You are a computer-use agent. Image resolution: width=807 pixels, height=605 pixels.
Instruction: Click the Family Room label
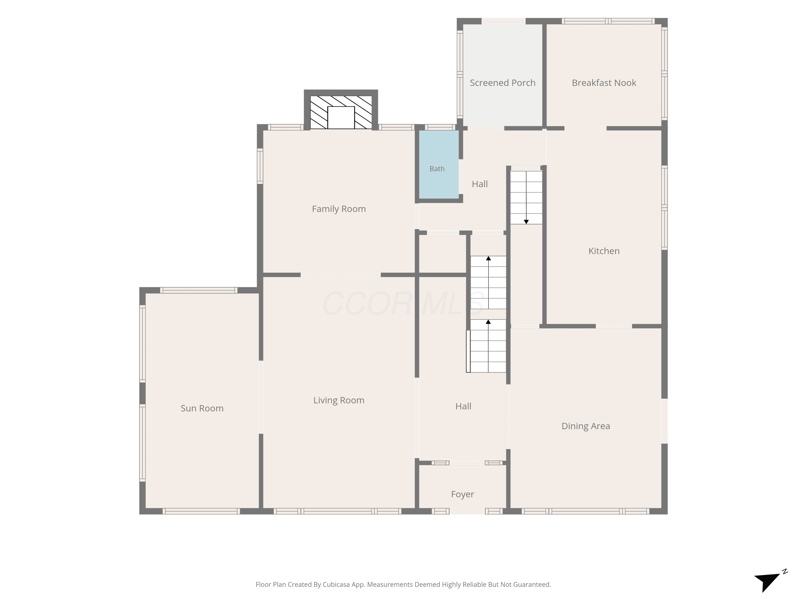(339, 209)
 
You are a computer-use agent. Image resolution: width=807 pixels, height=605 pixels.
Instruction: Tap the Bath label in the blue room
(437, 169)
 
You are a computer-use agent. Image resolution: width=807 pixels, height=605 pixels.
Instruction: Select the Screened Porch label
(502, 83)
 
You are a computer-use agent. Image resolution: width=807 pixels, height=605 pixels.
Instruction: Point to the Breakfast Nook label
(604, 83)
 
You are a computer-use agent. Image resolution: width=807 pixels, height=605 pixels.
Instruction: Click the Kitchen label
(604, 251)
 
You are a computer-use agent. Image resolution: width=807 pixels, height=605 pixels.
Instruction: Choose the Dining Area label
(586, 426)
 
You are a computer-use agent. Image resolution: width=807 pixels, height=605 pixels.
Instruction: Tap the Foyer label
(462, 494)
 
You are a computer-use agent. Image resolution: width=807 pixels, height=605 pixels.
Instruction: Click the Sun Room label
(202, 408)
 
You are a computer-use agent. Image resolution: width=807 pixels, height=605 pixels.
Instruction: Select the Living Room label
(339, 400)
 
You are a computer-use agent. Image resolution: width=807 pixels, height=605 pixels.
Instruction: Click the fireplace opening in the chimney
(341, 118)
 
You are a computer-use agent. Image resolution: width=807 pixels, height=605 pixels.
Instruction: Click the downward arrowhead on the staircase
(526, 222)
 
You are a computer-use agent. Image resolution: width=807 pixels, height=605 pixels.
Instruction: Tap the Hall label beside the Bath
(480, 184)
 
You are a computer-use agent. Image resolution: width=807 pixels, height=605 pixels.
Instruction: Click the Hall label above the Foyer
(463, 406)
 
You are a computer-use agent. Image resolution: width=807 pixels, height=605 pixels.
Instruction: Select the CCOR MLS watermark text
(403, 303)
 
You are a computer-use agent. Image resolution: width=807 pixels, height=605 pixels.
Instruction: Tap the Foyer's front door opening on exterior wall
(467, 511)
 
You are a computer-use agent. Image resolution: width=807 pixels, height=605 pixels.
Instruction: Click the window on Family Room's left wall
(260, 166)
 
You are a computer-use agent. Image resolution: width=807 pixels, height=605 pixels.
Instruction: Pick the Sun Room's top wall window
(199, 290)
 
